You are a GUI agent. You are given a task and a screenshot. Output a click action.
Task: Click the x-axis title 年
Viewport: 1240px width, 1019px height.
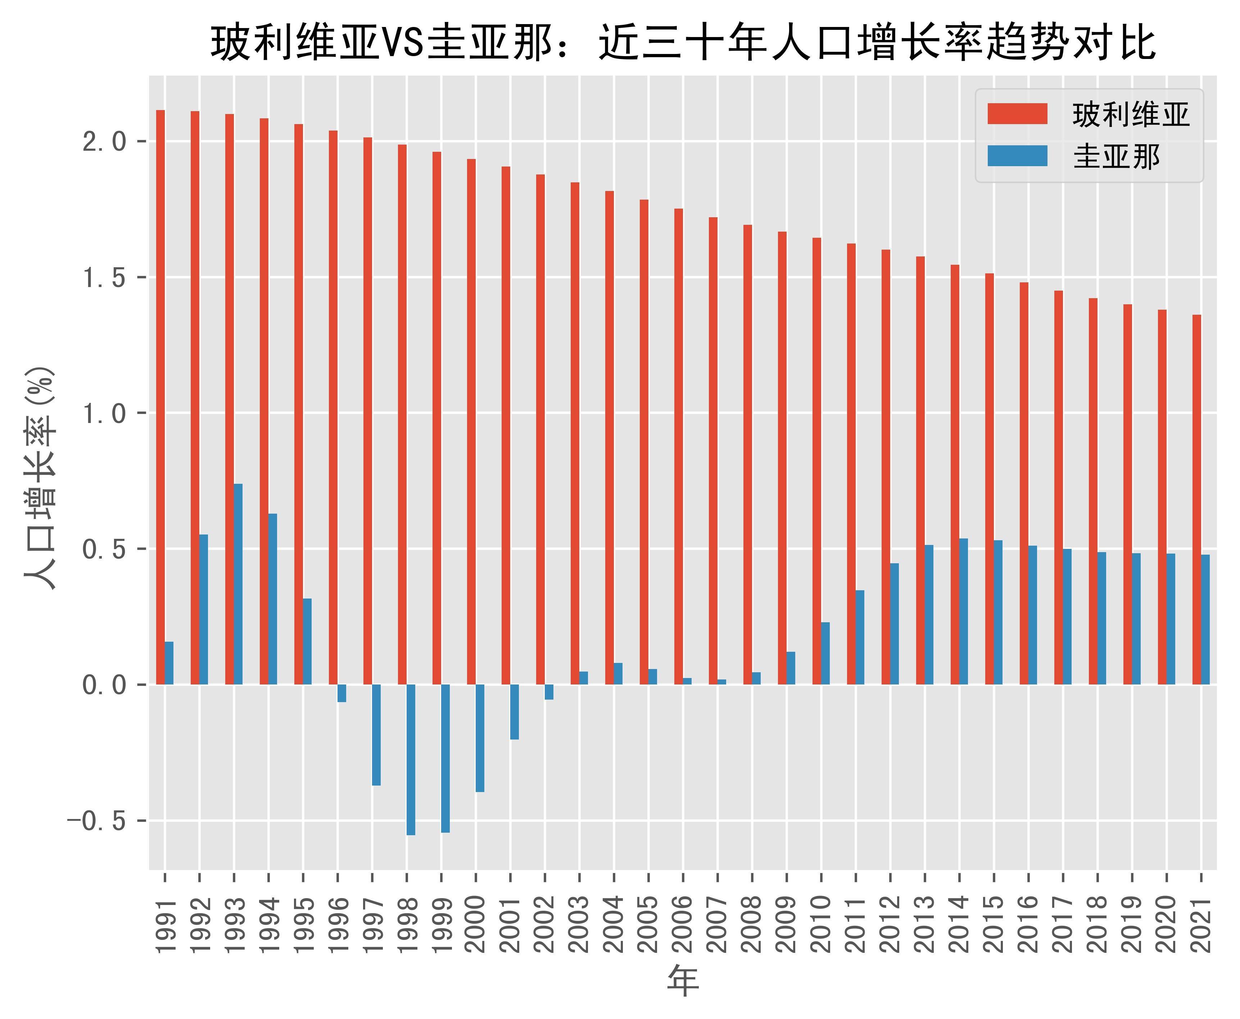[683, 982]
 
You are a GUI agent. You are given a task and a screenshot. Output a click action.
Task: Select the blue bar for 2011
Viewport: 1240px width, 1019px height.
[860, 637]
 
